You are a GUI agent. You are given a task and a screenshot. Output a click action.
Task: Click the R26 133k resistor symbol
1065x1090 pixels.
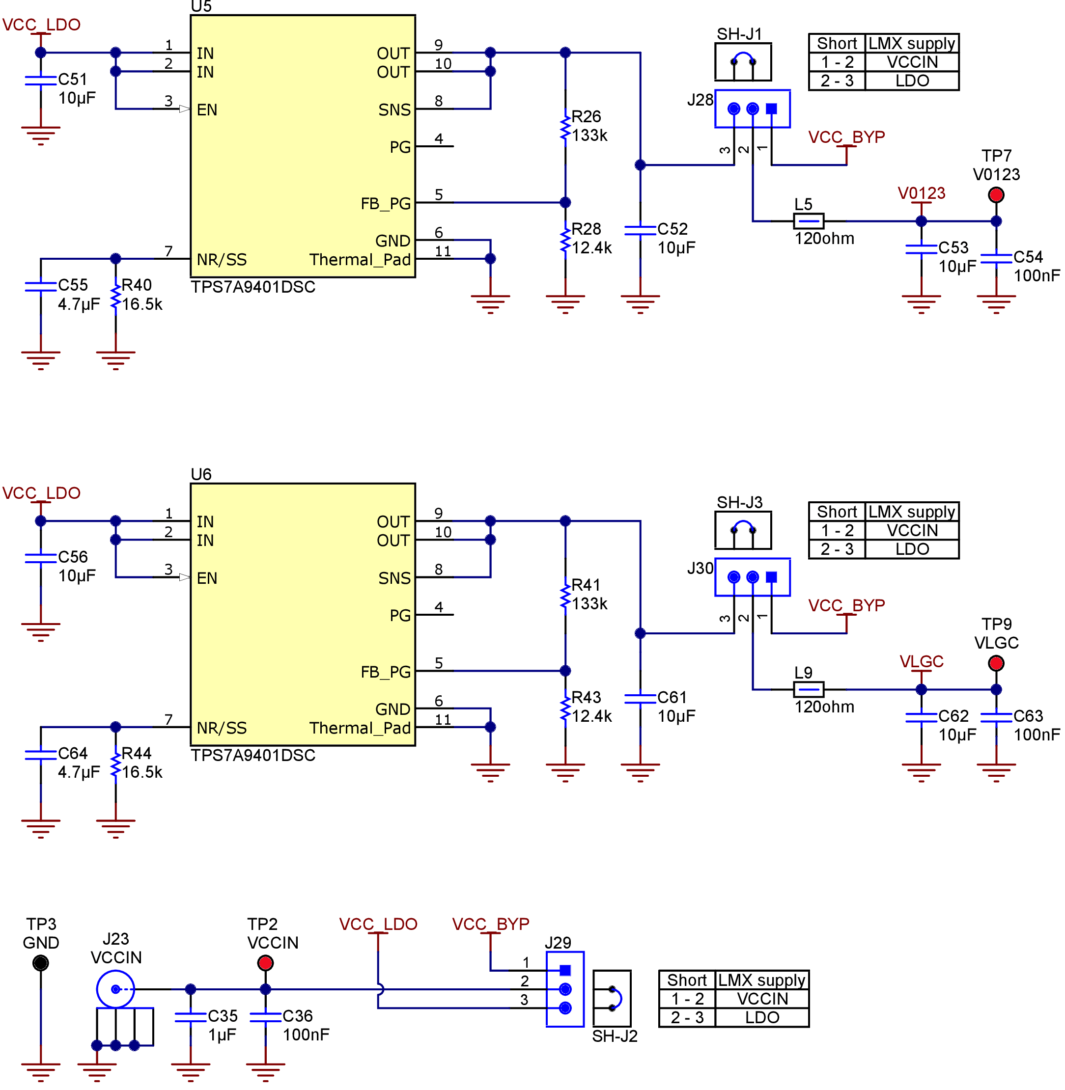[565, 128]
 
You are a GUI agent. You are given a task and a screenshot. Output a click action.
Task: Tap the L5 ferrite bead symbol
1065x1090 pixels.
[808, 221]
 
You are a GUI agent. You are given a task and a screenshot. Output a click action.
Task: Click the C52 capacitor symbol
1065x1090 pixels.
[640, 230]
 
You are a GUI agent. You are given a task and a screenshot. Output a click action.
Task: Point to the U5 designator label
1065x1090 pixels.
[201, 7]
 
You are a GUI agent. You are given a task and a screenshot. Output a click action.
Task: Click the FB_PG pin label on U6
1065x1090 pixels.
[386, 672]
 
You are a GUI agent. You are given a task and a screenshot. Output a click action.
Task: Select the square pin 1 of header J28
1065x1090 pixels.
[771, 109]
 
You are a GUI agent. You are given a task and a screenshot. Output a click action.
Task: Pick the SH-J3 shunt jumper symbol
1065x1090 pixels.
[743, 530]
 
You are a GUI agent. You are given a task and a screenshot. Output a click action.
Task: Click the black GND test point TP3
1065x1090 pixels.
[41, 963]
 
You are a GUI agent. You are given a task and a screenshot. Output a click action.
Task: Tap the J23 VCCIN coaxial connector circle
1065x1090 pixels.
[115, 989]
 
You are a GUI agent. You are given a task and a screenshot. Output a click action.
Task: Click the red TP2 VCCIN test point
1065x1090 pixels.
[265, 963]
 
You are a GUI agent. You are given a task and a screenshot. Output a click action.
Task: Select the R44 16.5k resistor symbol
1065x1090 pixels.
[115, 764]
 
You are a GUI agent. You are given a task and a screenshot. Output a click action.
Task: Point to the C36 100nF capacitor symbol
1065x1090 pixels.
[265, 1017]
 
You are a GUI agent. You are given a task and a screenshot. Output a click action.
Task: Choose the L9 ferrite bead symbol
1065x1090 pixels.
[808, 690]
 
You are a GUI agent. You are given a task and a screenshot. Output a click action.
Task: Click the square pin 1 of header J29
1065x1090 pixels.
[565, 970]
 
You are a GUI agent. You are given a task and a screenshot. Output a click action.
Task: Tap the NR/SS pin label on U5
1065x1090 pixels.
[222, 260]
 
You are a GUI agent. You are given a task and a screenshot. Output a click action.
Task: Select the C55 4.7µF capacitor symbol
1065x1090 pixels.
[41, 287]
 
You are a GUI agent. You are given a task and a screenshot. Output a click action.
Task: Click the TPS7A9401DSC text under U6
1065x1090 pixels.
[253, 755]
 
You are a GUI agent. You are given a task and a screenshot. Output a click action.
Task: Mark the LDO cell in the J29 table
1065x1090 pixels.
[762, 1017]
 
